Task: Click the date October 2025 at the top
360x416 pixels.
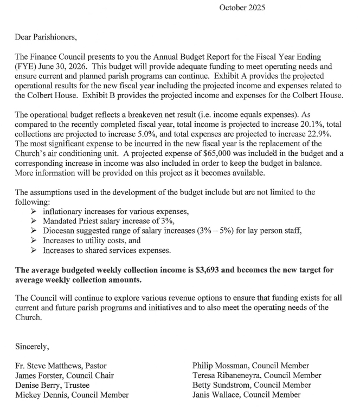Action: click(x=242, y=8)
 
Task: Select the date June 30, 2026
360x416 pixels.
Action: click(x=64, y=66)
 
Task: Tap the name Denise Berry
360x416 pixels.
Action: click(x=40, y=385)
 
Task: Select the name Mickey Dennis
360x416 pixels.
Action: click(x=43, y=395)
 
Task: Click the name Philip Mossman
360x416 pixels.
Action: click(x=221, y=366)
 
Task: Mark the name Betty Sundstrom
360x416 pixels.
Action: click(x=221, y=385)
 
